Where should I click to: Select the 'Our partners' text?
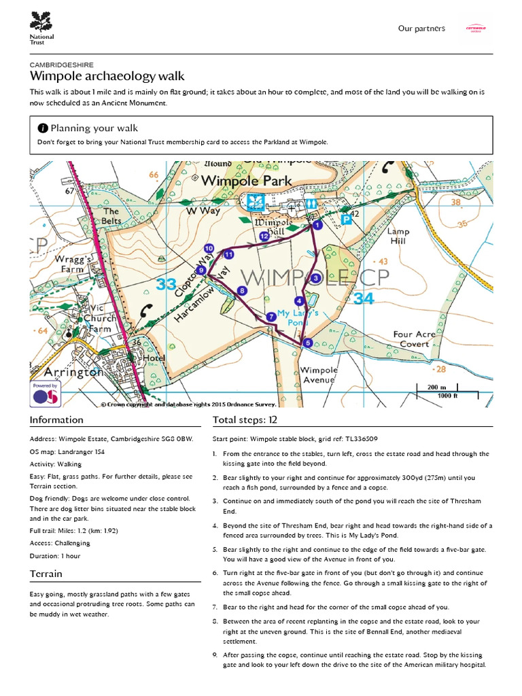(421, 29)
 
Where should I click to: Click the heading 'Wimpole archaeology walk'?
(107, 77)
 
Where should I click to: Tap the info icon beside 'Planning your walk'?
(43, 128)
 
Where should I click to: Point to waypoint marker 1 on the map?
(315, 224)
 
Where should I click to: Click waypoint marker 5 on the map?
(307, 343)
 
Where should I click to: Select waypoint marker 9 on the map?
(201, 270)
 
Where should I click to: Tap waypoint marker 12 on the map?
(264, 236)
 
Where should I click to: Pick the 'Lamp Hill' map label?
(398, 236)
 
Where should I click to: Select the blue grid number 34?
(364, 298)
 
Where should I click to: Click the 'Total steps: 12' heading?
(245, 419)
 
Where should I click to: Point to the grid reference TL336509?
(358, 439)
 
